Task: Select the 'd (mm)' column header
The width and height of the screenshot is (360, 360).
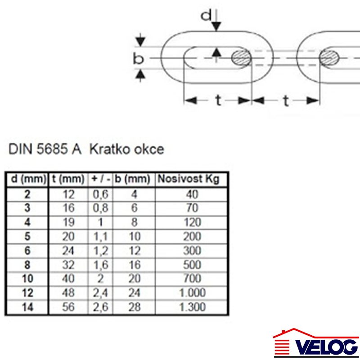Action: [26, 179]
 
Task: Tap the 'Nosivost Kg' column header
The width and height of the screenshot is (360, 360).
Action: [188, 179]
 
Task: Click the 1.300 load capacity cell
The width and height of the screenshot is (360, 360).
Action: [192, 307]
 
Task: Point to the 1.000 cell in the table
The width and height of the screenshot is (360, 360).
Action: [192, 293]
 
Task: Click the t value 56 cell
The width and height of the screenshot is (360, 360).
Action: [68, 307]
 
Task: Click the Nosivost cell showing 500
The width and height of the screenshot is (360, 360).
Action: [192, 265]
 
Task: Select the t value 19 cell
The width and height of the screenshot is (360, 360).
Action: [68, 222]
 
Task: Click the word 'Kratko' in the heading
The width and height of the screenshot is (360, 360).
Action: [109, 149]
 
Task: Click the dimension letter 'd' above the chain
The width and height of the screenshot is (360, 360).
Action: [206, 16]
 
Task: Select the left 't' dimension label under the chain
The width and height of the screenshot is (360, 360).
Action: [217, 101]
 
